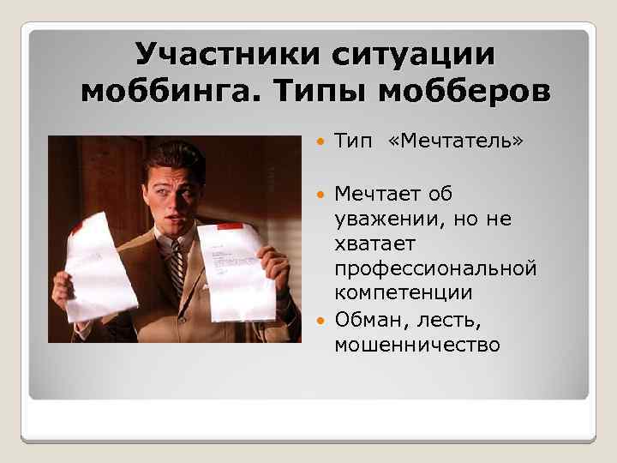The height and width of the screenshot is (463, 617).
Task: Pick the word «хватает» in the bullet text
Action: [374, 244]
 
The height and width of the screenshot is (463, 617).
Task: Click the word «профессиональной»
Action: [436, 269]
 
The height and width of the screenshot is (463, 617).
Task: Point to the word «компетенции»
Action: [405, 294]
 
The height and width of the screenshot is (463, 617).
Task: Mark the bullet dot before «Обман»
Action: [320, 320]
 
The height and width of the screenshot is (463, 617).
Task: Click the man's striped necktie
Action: [177, 267]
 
